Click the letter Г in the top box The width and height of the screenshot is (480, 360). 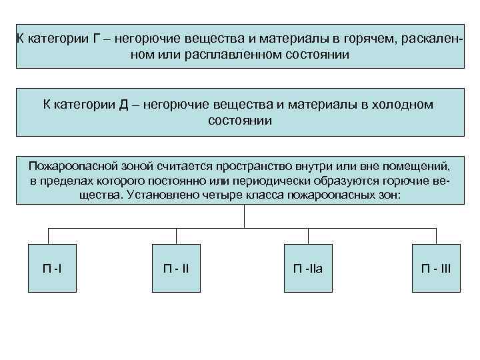pos(97,39)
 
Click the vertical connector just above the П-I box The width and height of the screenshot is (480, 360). pos(48,235)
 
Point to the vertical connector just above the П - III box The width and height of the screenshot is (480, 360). pos(435,235)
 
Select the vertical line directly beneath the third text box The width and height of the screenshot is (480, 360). pos(245,215)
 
